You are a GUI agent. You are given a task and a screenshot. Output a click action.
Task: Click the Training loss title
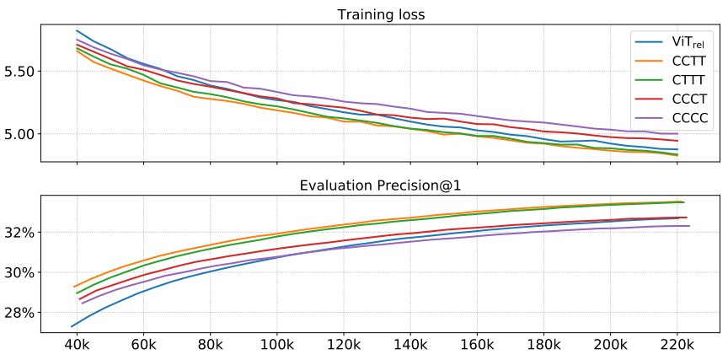(381, 14)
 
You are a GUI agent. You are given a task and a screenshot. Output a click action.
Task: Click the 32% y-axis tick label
(20, 232)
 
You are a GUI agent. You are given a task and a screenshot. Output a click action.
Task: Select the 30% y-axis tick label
(20, 272)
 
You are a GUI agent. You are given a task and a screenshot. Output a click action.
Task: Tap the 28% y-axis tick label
(20, 313)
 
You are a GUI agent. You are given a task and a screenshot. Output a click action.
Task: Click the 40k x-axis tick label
(77, 346)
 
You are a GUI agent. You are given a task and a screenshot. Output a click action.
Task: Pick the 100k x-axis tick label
(276, 346)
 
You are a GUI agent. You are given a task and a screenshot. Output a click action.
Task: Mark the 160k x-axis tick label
(476, 346)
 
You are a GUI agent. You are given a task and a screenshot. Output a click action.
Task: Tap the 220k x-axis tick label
(677, 346)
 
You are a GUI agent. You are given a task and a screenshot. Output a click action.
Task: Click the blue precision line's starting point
(71, 326)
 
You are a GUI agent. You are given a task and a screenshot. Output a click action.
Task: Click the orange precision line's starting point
(74, 287)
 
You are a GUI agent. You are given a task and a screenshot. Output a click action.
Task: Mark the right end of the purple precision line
(689, 226)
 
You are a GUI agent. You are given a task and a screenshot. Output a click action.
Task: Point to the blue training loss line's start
(77, 30)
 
